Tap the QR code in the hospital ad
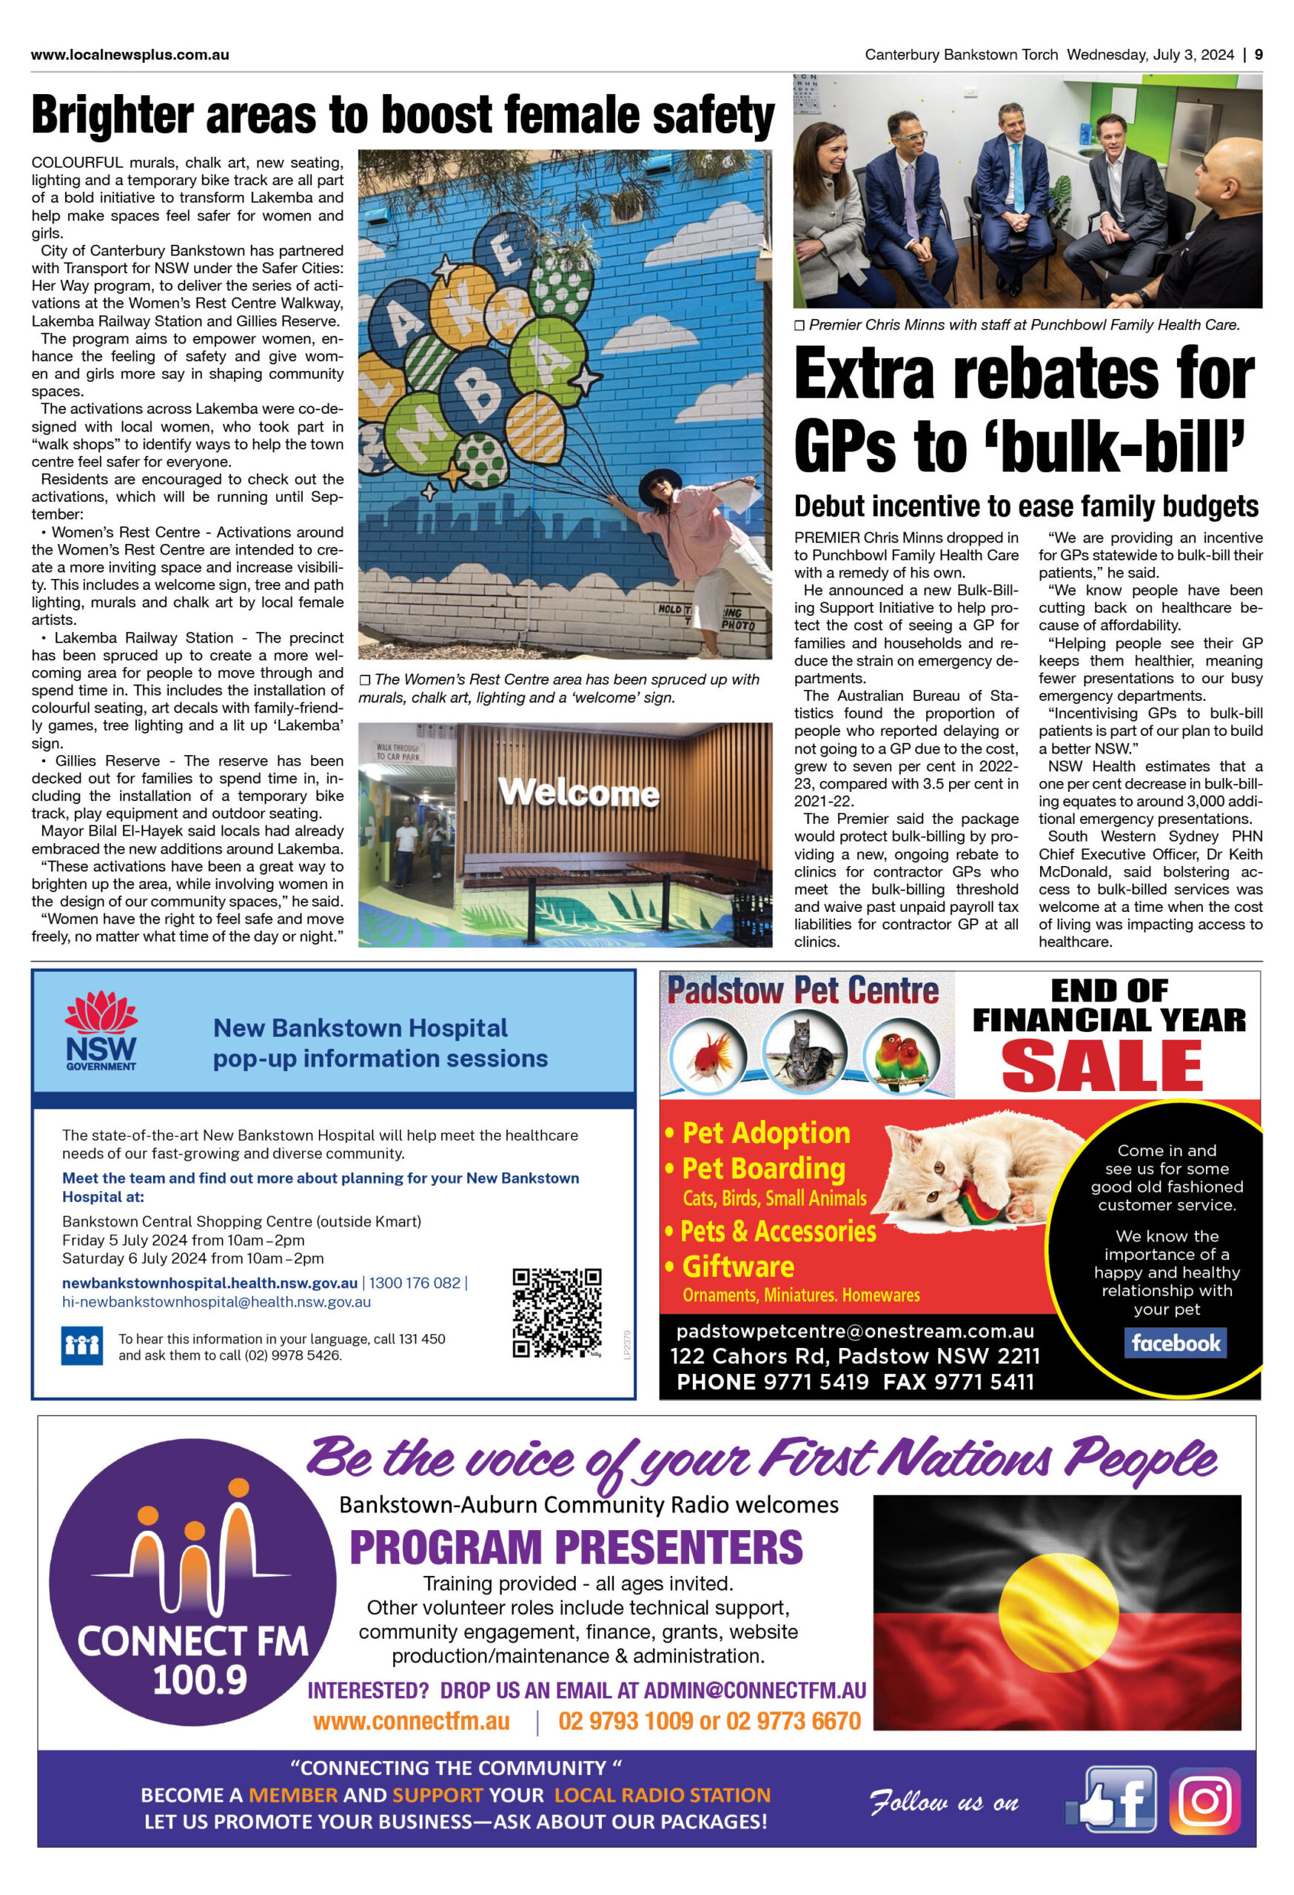point(557,1312)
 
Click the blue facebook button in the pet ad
point(1176,1343)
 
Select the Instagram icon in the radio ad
point(1204,1800)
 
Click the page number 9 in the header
point(1259,55)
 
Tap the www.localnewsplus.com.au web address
point(130,55)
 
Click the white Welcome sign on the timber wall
point(579,791)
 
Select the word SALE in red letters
point(1102,1065)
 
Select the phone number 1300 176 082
point(415,1283)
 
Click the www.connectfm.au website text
point(411,1720)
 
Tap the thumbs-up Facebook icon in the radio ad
point(1111,1800)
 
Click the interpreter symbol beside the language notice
point(81,1346)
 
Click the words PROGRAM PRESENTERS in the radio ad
point(576,1547)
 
